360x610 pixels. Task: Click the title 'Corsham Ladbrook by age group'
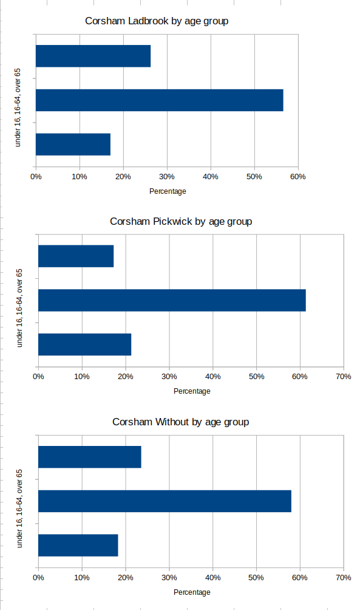(x=157, y=21)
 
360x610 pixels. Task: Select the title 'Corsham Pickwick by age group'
(x=181, y=221)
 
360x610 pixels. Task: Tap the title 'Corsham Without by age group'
(x=181, y=422)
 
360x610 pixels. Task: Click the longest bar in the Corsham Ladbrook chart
(x=159, y=100)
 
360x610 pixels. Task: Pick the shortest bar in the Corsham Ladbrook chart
(x=73, y=144)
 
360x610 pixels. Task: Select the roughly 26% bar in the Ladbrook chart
(x=93, y=56)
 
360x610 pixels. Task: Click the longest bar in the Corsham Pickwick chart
(x=172, y=300)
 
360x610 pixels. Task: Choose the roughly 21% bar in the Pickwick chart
(x=84, y=344)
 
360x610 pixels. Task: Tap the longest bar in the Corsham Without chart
(x=165, y=501)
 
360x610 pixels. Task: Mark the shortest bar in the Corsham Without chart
(x=78, y=545)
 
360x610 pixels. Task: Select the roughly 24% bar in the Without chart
(x=89, y=456)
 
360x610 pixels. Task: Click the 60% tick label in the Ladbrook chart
(x=297, y=177)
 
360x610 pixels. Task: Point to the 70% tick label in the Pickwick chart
(x=344, y=377)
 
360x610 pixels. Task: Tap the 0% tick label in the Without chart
(x=38, y=577)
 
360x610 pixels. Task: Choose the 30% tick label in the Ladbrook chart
(x=167, y=177)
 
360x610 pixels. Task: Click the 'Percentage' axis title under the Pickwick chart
(x=192, y=391)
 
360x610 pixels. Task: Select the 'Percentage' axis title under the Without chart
(x=192, y=592)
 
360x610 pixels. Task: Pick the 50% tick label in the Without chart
(x=256, y=577)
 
